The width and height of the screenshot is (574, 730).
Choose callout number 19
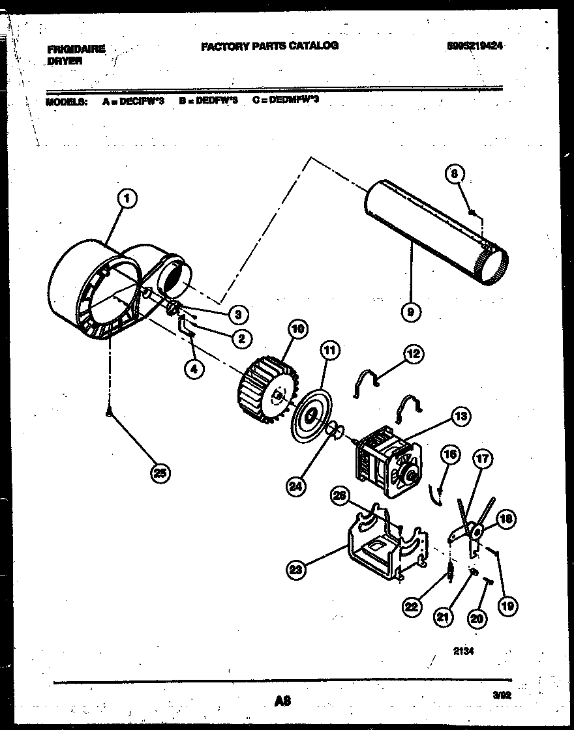507,606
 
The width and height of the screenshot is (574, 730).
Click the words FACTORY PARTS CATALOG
269,46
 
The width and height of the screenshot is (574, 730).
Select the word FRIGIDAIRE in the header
76,48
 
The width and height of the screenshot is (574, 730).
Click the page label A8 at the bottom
282,701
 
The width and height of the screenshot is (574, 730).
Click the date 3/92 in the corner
502,696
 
